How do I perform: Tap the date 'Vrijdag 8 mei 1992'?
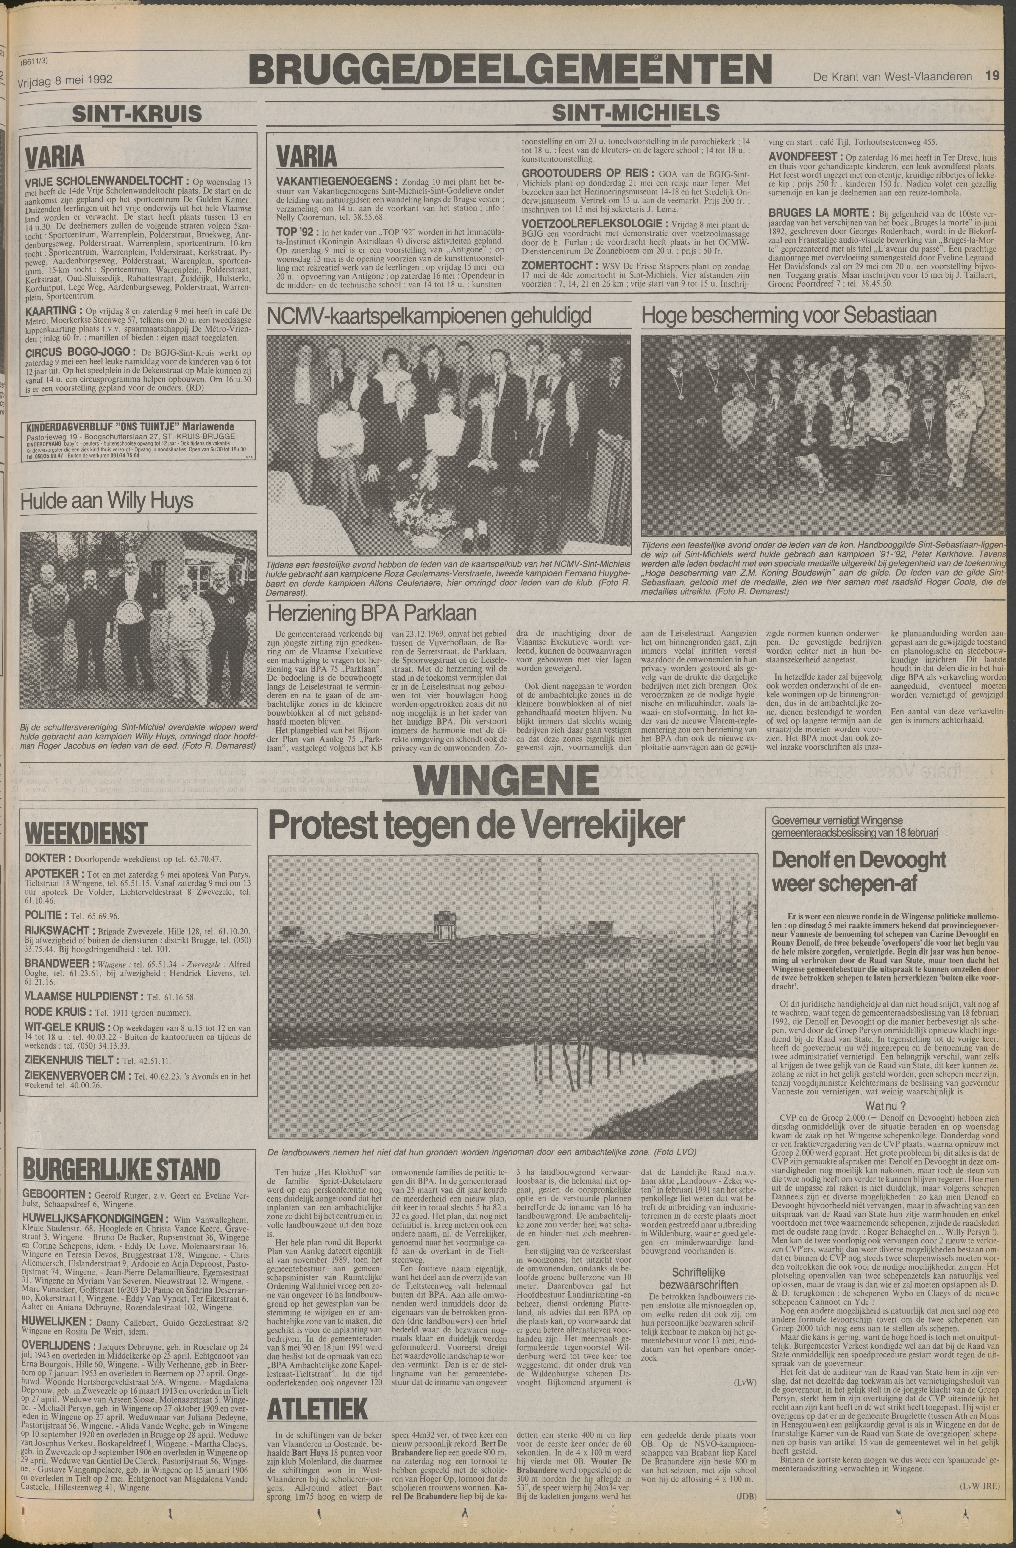[65, 80]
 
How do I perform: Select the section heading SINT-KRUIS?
[137, 114]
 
